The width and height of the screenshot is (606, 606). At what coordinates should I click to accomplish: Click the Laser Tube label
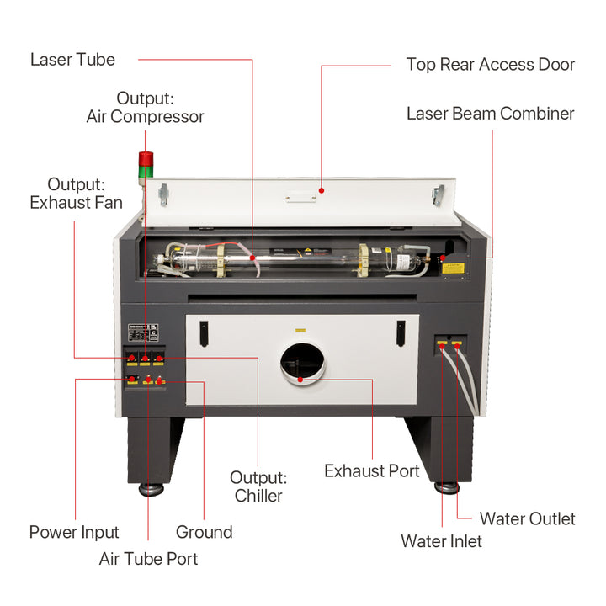point(72,60)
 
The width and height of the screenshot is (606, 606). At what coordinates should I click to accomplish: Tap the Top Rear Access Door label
point(490,65)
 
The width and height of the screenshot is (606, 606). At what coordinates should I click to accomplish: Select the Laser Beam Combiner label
point(490,114)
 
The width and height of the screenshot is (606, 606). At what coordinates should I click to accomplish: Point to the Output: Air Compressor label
point(145,108)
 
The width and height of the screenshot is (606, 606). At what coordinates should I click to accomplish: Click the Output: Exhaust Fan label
point(76,193)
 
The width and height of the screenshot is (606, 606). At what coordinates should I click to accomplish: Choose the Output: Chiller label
point(258,486)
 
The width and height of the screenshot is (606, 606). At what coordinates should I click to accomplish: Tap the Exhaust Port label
point(371,471)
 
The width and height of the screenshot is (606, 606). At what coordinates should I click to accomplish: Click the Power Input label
point(74,532)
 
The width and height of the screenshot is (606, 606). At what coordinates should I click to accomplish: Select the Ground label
point(204,532)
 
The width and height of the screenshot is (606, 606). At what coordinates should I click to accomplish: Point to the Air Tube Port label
point(148,558)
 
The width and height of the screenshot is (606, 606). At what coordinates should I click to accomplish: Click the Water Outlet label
point(527,518)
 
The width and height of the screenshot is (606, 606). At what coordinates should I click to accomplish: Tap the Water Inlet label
point(441,540)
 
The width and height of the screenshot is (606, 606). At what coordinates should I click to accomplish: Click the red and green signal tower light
point(146,165)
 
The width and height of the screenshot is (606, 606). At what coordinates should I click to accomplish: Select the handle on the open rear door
point(300,199)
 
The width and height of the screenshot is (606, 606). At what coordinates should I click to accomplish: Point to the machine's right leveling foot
point(447,488)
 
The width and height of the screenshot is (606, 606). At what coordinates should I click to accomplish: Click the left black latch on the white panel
point(203,333)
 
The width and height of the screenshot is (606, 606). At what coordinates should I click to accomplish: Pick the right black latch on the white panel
point(399,333)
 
